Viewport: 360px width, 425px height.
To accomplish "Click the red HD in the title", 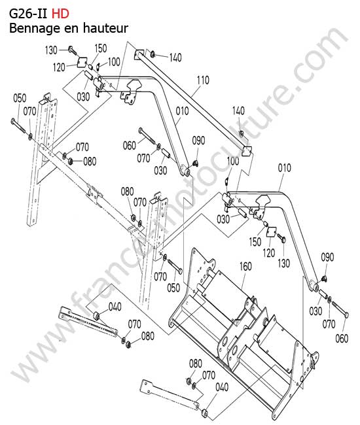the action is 60,14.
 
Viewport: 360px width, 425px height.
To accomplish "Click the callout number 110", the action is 203,80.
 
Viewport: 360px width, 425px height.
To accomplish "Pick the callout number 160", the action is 245,266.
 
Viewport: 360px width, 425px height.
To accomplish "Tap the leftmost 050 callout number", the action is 20,98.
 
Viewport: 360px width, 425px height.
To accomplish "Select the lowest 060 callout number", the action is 342,338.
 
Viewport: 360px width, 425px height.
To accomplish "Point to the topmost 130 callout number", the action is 51,50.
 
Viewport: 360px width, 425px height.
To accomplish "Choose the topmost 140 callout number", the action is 175,58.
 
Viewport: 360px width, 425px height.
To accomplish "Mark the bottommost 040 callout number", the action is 222,387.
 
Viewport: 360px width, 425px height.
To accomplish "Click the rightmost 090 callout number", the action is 327,257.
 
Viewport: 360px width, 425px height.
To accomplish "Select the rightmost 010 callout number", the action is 284,168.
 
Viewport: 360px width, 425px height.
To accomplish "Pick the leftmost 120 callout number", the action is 59,67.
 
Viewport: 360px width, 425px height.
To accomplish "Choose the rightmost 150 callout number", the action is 255,241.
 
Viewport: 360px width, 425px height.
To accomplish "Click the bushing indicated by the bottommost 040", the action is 205,413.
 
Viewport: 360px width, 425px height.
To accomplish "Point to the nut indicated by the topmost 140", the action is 153,54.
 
